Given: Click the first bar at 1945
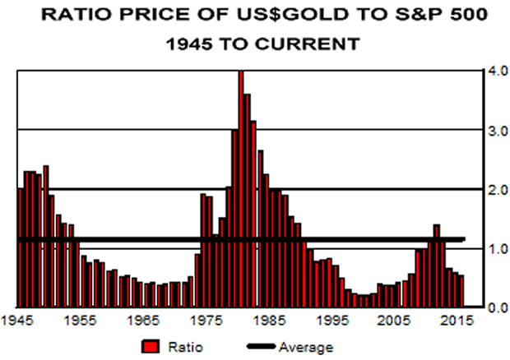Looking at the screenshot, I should pyautogui.click(x=21, y=247).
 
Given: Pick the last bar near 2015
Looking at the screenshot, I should pyautogui.click(x=461, y=291).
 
